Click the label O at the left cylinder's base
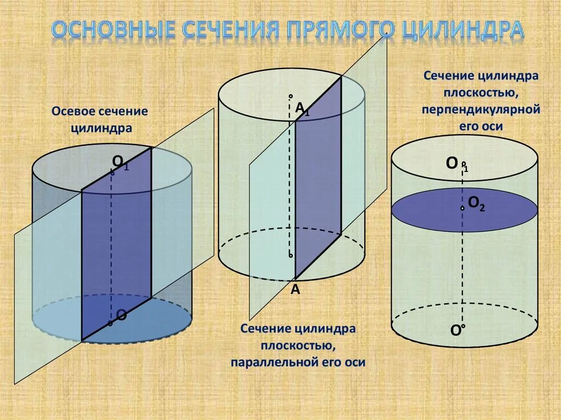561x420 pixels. point(122,315)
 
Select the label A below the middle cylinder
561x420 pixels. point(295,290)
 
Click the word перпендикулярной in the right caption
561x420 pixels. point(481,109)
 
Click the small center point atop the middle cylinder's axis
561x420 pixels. point(291,95)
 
